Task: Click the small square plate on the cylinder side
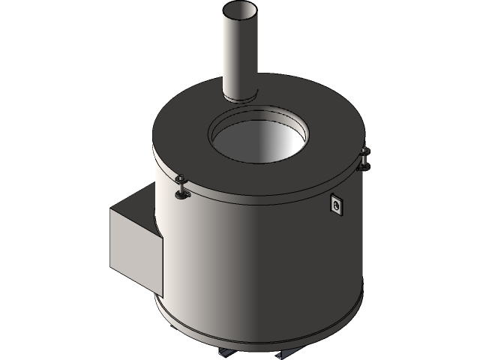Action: (337, 204)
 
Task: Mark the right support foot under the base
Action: (289, 352)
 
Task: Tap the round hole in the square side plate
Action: (337, 203)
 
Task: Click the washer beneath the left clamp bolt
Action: (181, 196)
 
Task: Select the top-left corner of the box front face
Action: (111, 211)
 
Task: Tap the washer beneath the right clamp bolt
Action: (365, 167)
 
